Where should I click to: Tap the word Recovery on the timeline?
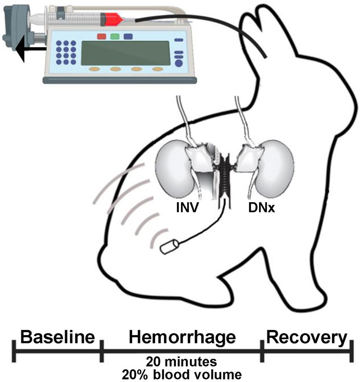[306, 338]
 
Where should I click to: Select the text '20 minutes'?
[181, 362]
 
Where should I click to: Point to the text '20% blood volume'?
[181, 373]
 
